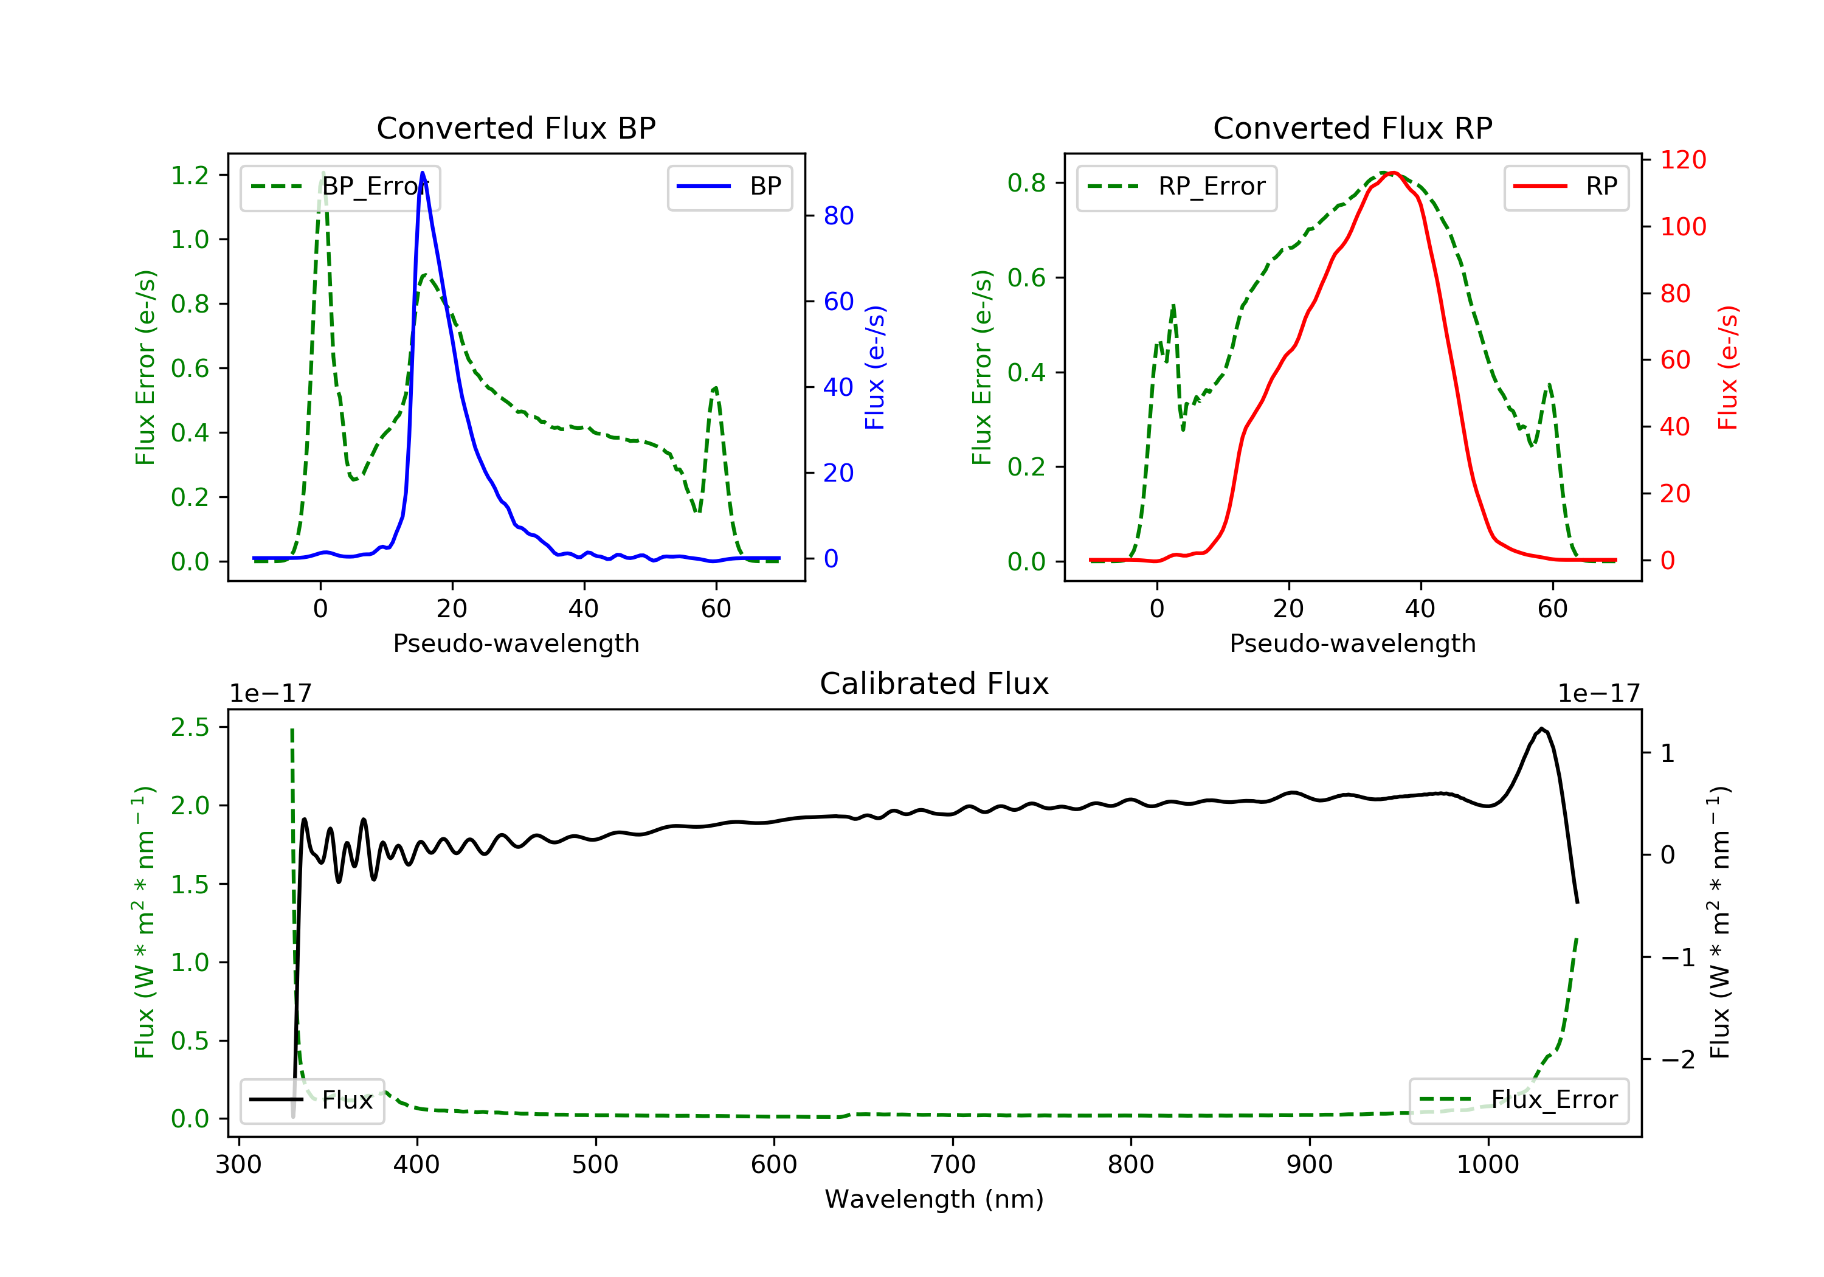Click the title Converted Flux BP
click(516, 128)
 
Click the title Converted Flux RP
click(1353, 128)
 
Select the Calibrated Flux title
click(934, 683)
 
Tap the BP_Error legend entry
click(340, 187)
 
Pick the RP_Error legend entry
click(1176, 187)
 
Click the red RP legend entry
click(1566, 187)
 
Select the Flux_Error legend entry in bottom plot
click(1519, 1100)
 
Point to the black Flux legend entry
click(313, 1100)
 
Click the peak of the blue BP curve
click(423, 173)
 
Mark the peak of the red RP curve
click(1394, 173)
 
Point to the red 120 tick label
click(1684, 160)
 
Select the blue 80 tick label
click(839, 215)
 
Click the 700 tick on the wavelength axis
click(953, 1165)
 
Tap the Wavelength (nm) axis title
click(934, 1199)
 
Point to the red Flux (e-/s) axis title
click(1728, 368)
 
